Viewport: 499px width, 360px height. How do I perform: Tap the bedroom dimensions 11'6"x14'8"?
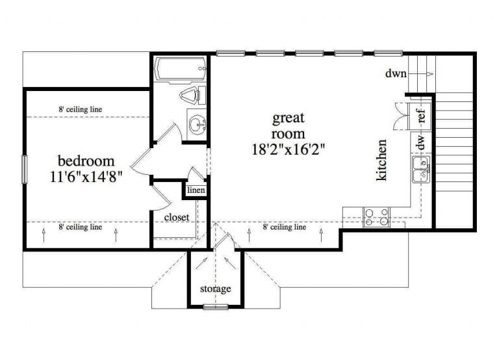point(86,175)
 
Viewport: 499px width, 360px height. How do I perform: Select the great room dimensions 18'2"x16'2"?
point(288,148)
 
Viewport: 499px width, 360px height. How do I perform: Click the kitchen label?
point(382,160)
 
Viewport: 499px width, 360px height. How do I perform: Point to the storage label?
point(215,289)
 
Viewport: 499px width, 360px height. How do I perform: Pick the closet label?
point(177,217)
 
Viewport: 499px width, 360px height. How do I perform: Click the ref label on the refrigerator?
point(421,117)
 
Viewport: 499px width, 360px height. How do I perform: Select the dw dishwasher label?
point(421,142)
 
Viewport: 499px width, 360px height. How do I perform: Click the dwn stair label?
point(396,73)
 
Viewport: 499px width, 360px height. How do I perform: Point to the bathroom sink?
point(195,123)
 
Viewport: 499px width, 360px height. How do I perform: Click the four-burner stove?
point(376,216)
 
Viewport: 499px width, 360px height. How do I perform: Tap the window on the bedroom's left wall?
point(25,170)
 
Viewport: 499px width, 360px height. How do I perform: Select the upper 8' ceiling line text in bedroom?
point(80,109)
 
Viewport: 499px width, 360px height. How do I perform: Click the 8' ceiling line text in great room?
point(284,227)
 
